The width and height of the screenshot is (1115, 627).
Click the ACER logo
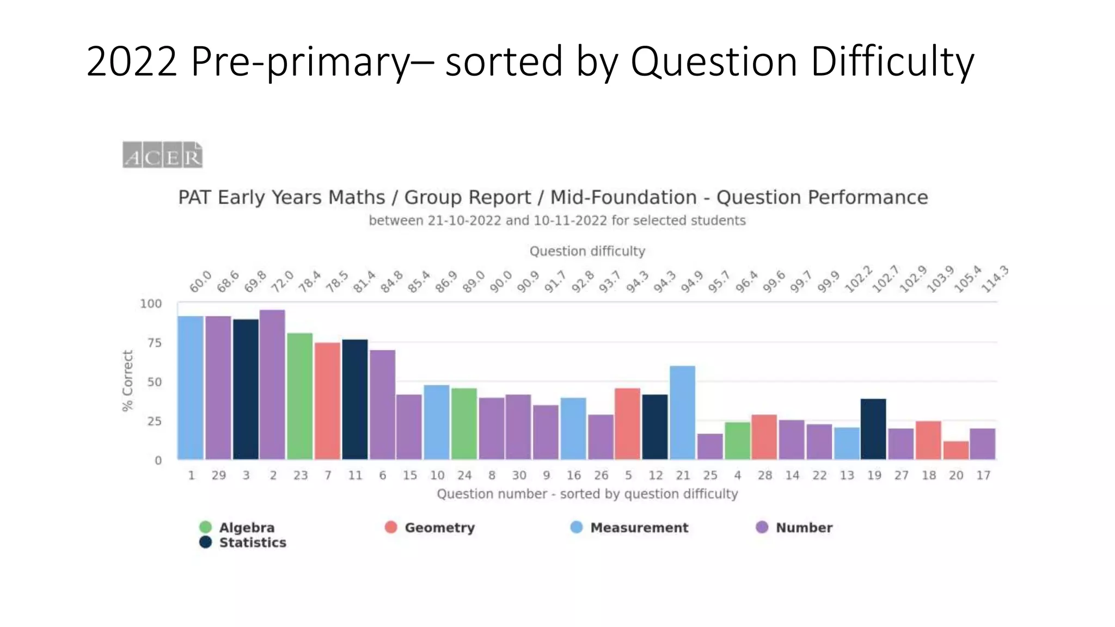point(162,155)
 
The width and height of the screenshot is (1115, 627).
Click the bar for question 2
point(272,384)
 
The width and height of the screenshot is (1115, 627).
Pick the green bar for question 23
point(300,396)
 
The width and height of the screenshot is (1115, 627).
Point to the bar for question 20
point(956,450)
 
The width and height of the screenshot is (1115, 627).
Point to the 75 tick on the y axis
point(155,343)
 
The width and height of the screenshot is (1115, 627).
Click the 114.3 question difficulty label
point(995,280)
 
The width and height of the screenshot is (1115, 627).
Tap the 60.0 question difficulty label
point(200,282)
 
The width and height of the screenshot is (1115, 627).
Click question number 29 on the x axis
point(219,475)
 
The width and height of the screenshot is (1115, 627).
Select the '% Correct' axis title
point(127,380)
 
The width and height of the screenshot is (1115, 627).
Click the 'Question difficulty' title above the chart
point(587,251)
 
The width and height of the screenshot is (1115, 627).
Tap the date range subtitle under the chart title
point(557,220)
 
